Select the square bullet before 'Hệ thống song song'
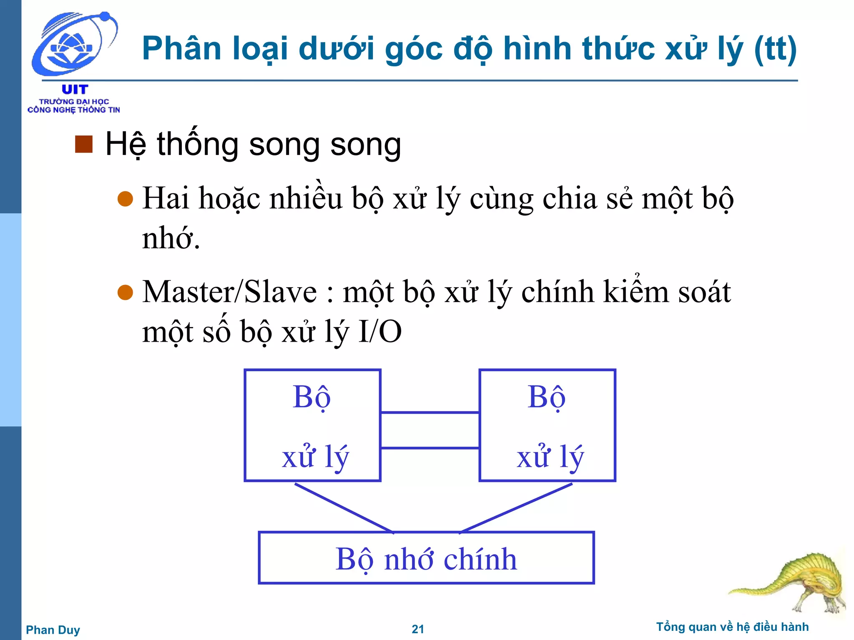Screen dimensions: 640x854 coord(84,145)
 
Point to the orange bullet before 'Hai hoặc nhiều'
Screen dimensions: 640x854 coord(125,199)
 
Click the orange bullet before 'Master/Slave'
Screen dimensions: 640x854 coord(125,292)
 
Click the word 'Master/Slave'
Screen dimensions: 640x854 coord(229,292)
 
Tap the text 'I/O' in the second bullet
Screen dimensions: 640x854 coord(380,332)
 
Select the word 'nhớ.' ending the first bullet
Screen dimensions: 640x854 coord(171,238)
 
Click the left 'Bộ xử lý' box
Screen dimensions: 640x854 coord(312,425)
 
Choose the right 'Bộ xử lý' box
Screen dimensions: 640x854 coord(547,425)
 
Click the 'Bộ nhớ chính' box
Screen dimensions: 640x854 coord(426,558)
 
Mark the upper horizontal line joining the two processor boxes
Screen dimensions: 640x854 coord(430,412)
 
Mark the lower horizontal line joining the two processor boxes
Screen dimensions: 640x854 coord(430,448)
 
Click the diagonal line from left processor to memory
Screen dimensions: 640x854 coord(344,508)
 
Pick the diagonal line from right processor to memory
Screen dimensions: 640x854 coord(516,508)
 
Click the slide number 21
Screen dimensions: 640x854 coord(418,629)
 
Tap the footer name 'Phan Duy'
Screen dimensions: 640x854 coord(53,630)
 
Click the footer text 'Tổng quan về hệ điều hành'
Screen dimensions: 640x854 coord(732,627)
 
